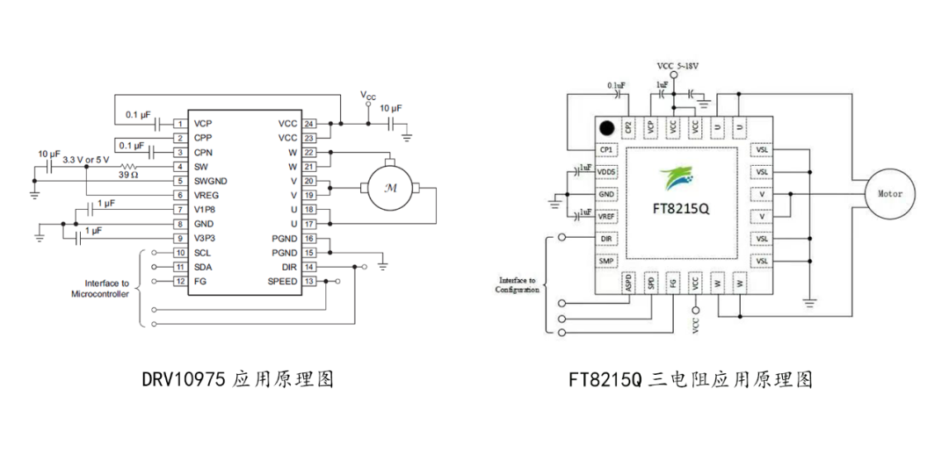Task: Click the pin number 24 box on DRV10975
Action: [309, 124]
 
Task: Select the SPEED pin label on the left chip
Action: [283, 281]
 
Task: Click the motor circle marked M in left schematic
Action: [388, 187]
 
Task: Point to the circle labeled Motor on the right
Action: [890, 194]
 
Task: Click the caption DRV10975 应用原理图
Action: [237, 379]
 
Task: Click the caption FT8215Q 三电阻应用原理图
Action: [690, 379]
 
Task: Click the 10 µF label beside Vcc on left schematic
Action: [388, 107]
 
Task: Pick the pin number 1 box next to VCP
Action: [179, 124]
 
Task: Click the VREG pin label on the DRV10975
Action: [206, 195]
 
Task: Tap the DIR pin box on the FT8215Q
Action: [605, 239]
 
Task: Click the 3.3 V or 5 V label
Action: [86, 159]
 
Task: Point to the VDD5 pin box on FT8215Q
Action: [605, 172]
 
